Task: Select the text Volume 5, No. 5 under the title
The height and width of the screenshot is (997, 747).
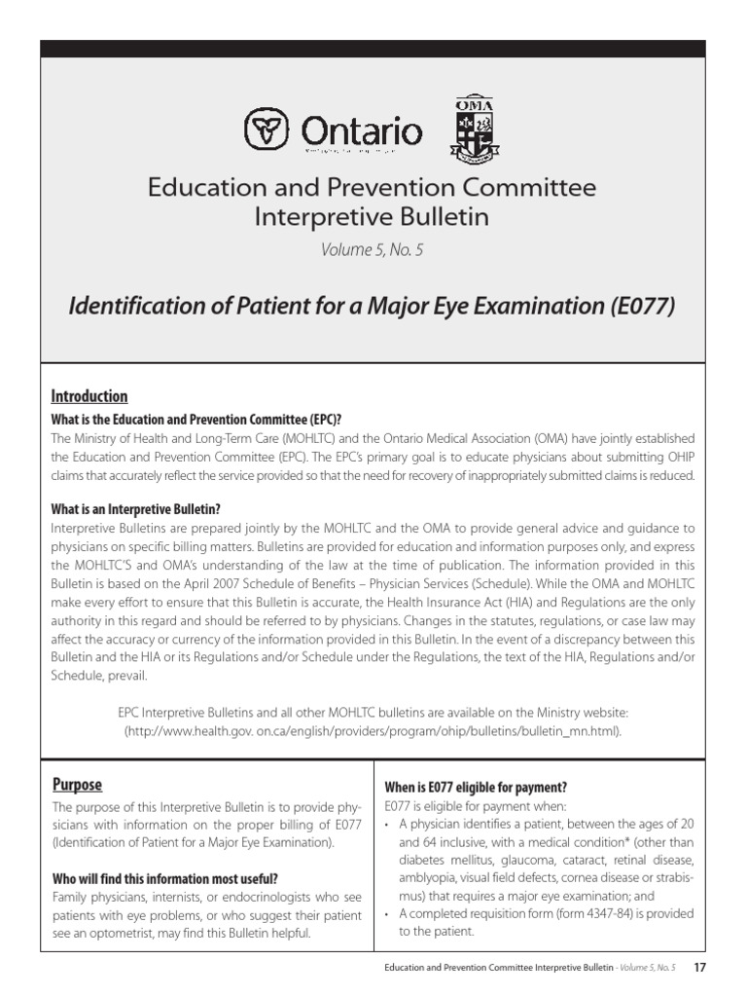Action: pyautogui.click(x=373, y=250)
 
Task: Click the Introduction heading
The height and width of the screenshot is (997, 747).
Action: pyautogui.click(x=89, y=396)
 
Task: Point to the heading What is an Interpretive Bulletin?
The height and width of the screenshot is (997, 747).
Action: pyautogui.click(x=135, y=509)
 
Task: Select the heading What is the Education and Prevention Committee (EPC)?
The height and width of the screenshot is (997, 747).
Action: pyautogui.click(x=196, y=420)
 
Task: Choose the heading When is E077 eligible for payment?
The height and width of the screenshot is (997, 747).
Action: pyautogui.click(x=476, y=787)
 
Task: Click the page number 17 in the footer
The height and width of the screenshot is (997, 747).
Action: pyautogui.click(x=699, y=967)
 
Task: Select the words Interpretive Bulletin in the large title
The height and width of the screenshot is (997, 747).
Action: pyautogui.click(x=373, y=216)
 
